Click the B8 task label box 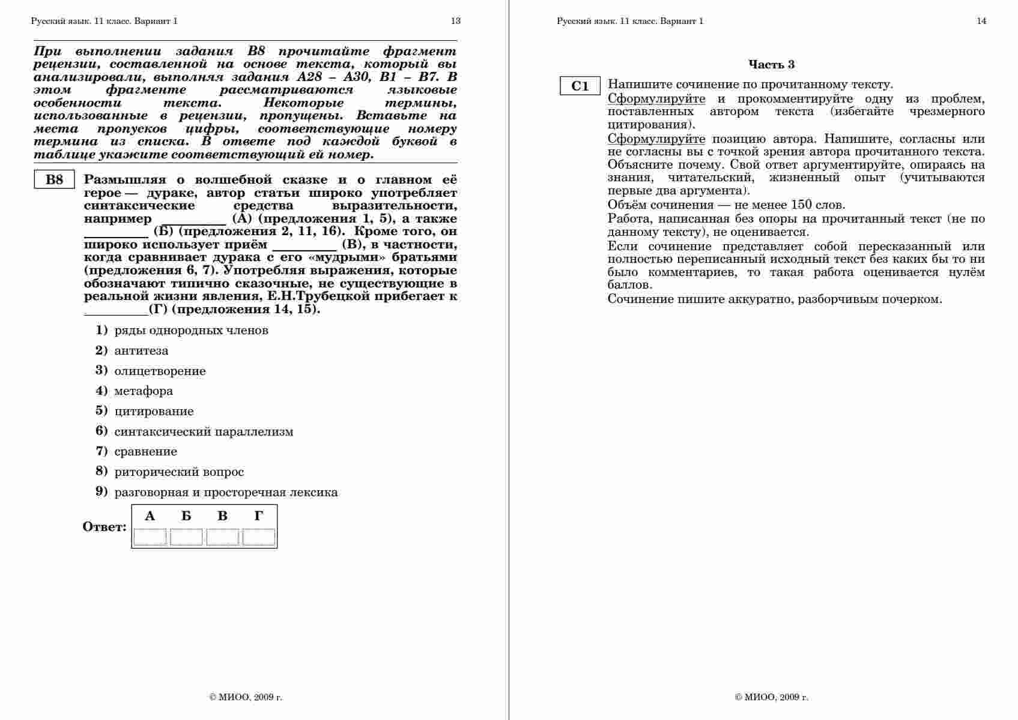[54, 180]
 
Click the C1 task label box [580, 86]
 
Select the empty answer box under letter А [150, 537]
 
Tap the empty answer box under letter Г [259, 537]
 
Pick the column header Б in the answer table [186, 516]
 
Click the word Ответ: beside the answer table [105, 527]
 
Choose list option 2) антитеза [141, 351]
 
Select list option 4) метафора [143, 391]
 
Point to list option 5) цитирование [153, 412]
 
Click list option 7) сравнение [145, 452]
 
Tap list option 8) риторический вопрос [178, 472]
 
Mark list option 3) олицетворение [159, 371]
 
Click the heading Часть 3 [771, 65]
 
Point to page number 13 [456, 21]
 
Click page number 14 [981, 21]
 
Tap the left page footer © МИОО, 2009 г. [246, 697]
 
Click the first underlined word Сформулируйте [656, 99]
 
